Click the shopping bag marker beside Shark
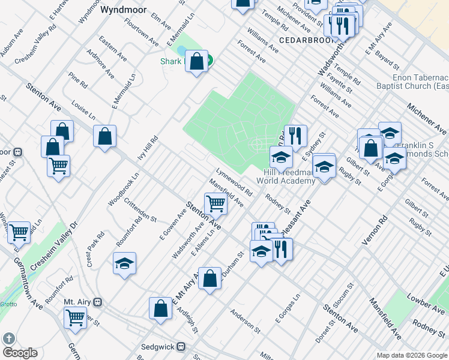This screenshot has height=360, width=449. click(197, 61)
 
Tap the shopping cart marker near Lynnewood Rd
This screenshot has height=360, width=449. click(215, 204)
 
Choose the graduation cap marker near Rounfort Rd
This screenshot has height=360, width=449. click(125, 263)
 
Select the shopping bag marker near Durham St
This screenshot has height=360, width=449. click(209, 278)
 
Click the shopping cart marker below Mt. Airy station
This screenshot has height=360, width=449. click(75, 317)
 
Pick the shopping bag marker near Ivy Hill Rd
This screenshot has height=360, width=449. click(105, 136)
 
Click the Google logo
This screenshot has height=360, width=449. click(19, 352)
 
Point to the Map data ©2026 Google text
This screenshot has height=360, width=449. click(411, 355)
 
